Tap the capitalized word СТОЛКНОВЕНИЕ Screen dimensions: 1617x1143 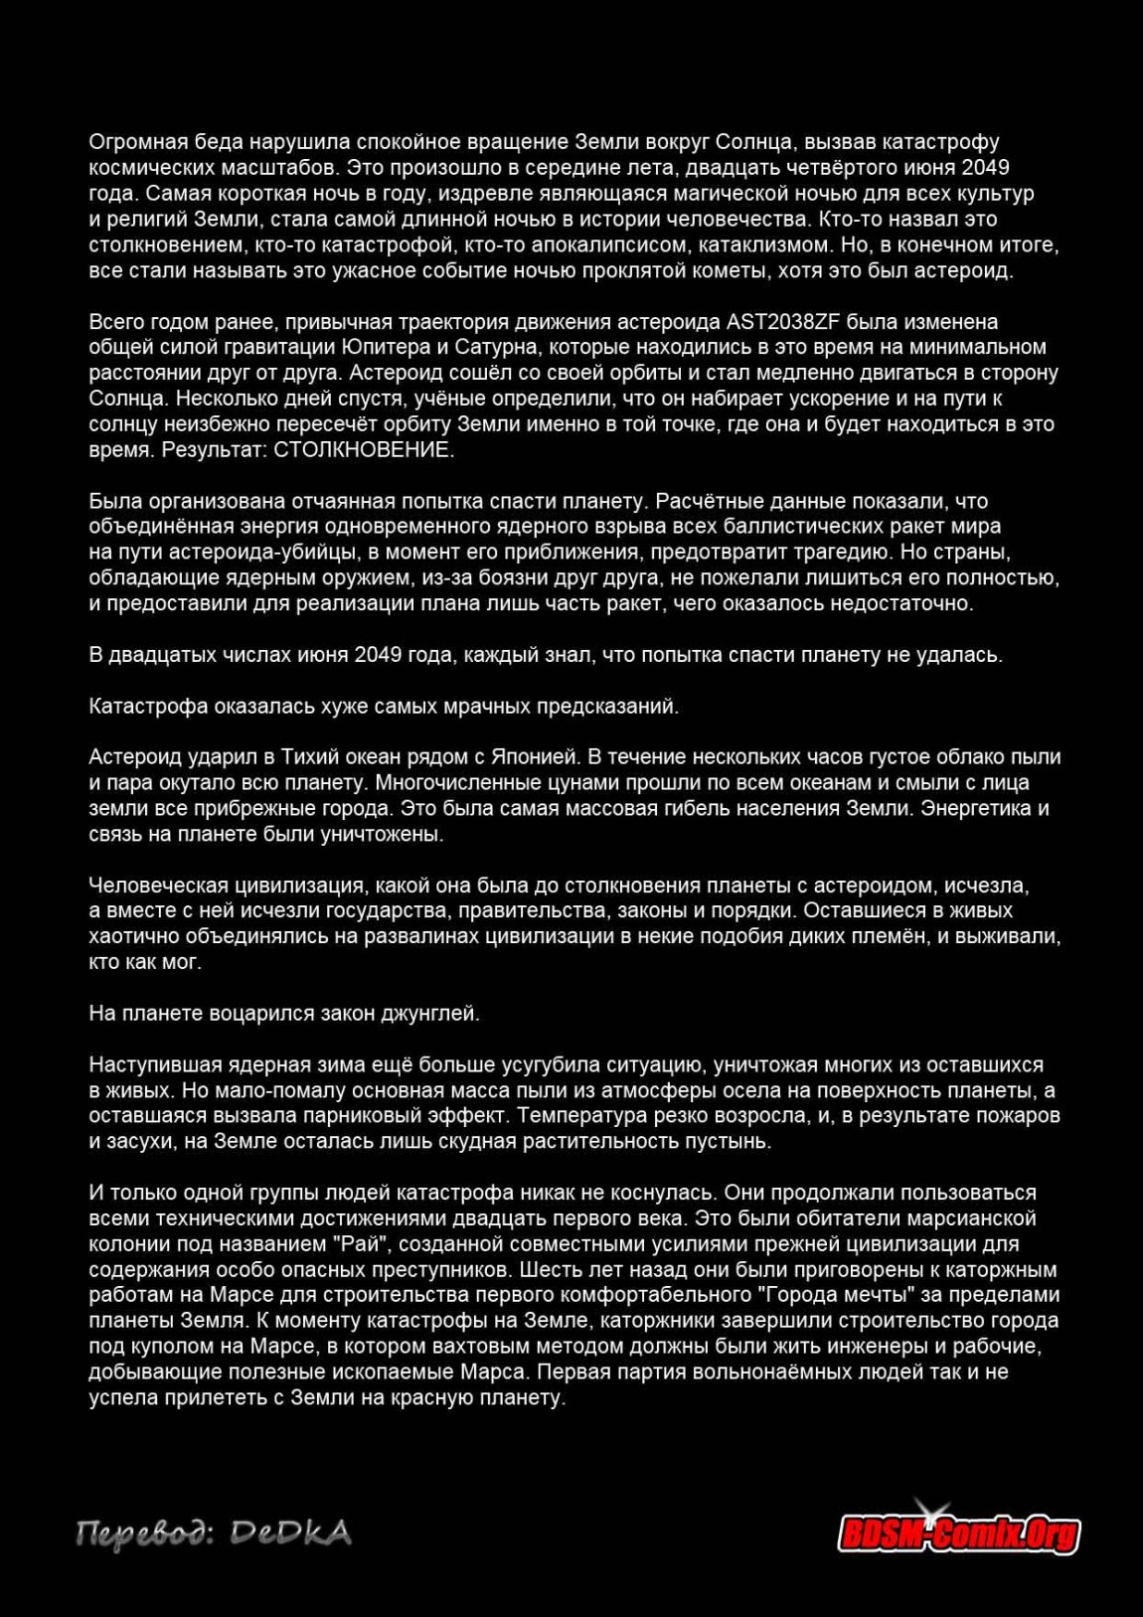click(x=364, y=450)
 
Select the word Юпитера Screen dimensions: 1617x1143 click(x=383, y=348)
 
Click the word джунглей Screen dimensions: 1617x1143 click(x=431, y=1014)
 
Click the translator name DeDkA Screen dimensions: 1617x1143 click(x=290, y=1534)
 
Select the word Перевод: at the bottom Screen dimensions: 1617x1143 click(x=143, y=1536)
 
